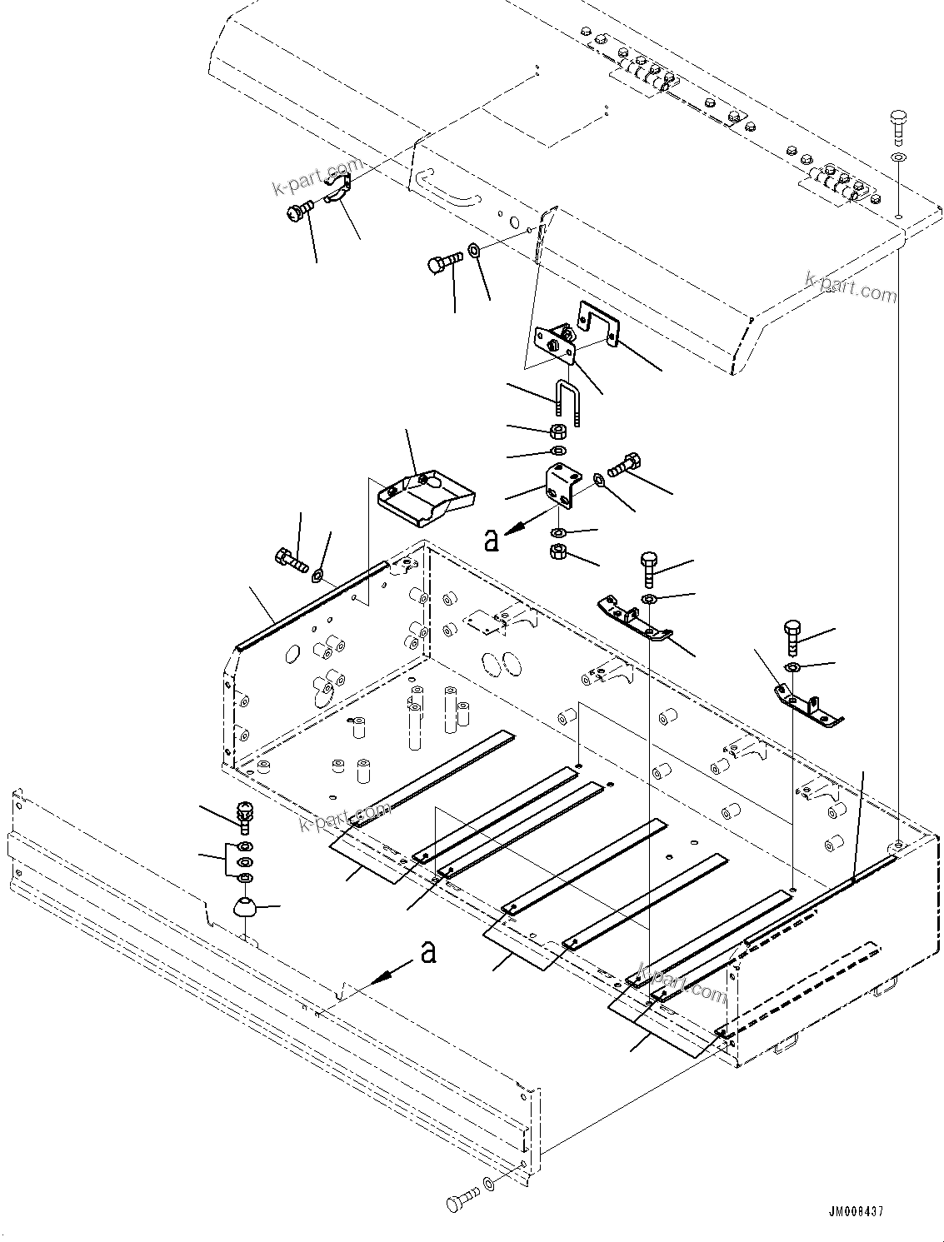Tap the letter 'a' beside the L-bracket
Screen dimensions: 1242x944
pyautogui.click(x=492, y=541)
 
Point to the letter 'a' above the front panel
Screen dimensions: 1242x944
pyautogui.click(x=428, y=951)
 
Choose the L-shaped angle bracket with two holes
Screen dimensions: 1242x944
pyautogui.click(x=562, y=487)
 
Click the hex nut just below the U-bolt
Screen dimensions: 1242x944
pyautogui.click(x=559, y=431)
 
